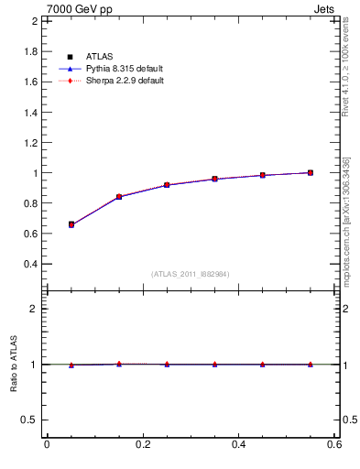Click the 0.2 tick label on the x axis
pos(142,445)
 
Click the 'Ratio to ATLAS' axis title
pos(14,365)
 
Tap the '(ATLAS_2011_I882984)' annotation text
pos(191,274)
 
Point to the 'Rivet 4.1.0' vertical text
pos(346,60)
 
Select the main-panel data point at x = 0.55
pos(311,172)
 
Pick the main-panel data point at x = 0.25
pos(167,185)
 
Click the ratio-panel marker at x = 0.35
pos(214,364)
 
